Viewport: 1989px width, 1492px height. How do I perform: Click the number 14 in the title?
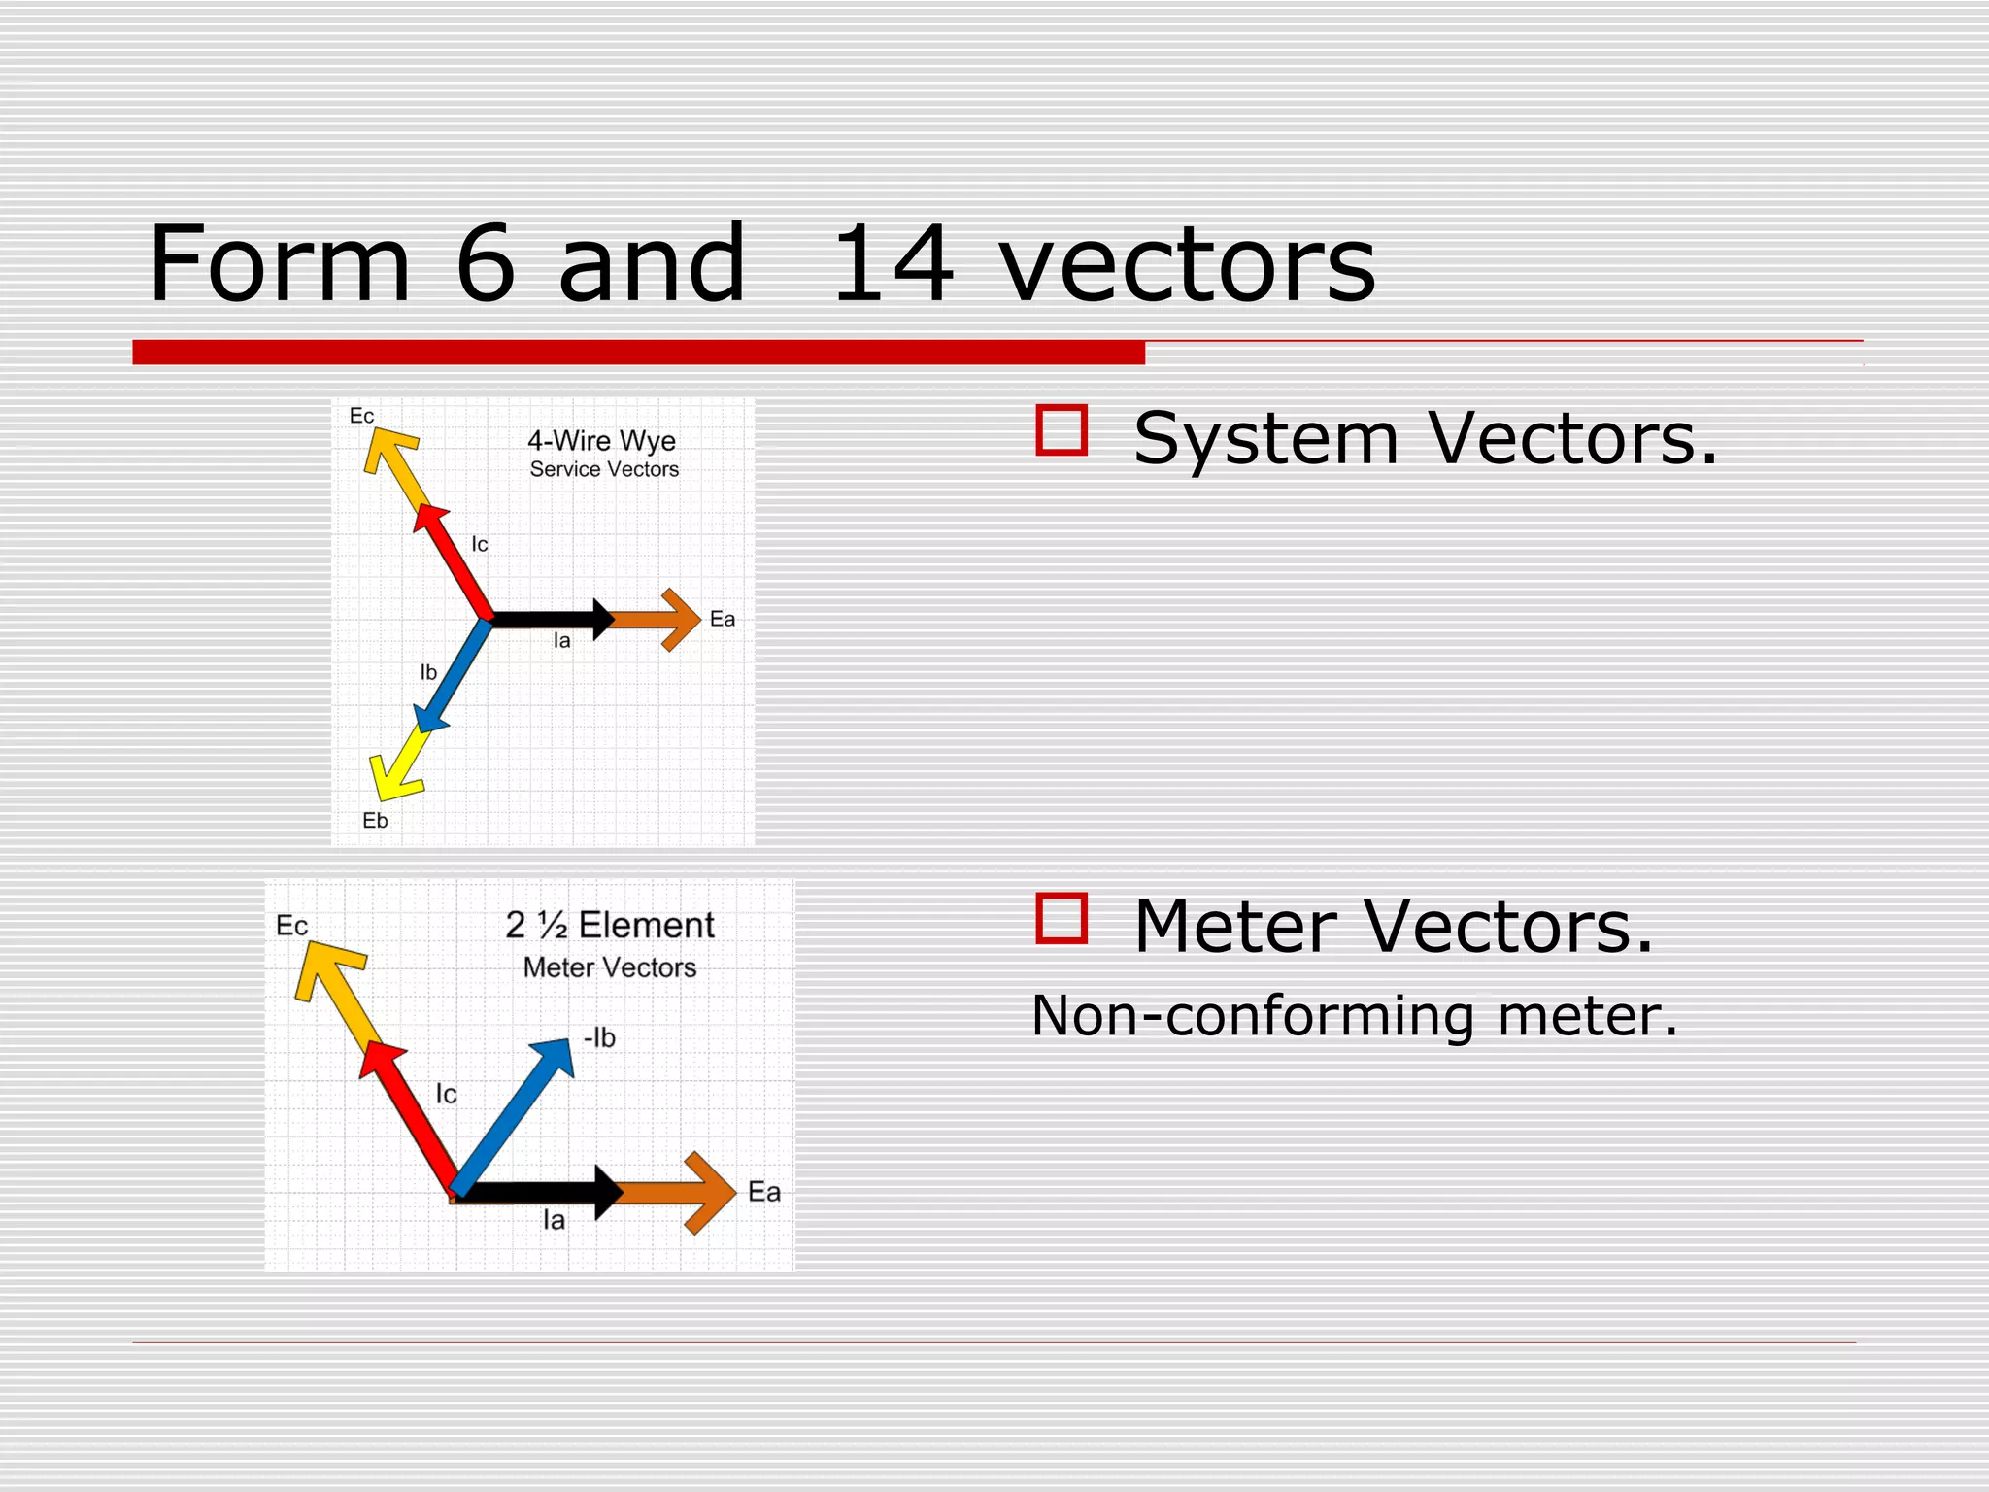[x=893, y=264]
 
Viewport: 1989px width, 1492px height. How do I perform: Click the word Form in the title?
[x=280, y=264]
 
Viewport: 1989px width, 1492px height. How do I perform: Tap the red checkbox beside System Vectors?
[x=1061, y=430]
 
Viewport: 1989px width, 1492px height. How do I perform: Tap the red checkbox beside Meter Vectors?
[x=1061, y=918]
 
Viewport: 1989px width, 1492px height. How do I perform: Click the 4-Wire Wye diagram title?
[x=601, y=441]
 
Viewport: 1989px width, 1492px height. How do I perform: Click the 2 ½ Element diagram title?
[x=610, y=925]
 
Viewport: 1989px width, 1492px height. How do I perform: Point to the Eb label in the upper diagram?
[x=375, y=821]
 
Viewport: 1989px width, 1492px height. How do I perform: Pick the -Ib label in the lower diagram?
[x=599, y=1038]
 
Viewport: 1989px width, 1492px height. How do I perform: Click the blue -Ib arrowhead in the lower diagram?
[x=556, y=1056]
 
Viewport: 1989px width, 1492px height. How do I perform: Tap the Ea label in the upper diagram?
[x=722, y=620]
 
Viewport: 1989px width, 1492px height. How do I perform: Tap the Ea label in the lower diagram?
[x=763, y=1192]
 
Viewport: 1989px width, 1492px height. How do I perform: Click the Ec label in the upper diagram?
[x=361, y=416]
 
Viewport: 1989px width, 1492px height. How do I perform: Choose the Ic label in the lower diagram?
[x=446, y=1095]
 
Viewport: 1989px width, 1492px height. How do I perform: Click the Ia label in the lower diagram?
[x=554, y=1220]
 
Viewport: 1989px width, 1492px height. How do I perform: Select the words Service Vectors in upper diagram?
[x=604, y=470]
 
